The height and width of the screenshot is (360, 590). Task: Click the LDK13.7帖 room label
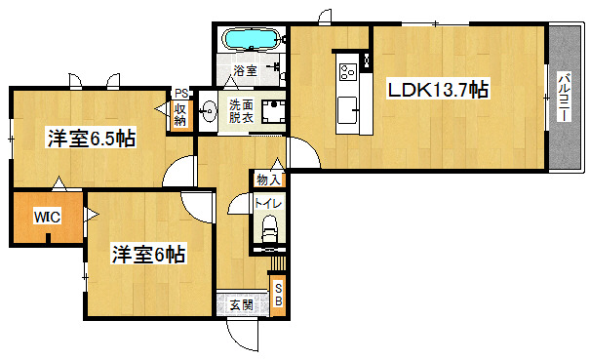(439, 89)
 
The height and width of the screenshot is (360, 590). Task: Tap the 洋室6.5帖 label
(91, 139)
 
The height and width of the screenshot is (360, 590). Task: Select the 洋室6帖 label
(148, 255)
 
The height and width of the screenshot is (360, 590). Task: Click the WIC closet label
(47, 217)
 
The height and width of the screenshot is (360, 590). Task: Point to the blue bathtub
(252, 39)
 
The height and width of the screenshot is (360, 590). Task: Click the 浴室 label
(246, 70)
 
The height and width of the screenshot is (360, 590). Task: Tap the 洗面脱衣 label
(241, 111)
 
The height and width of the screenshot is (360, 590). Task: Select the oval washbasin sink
(208, 111)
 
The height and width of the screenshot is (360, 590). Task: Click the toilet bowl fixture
(269, 228)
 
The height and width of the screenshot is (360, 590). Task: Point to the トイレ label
(268, 204)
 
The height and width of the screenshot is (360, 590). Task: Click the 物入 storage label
(268, 180)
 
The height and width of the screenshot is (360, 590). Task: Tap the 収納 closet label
(180, 115)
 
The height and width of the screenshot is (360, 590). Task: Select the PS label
(181, 93)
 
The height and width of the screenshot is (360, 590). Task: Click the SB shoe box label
(279, 295)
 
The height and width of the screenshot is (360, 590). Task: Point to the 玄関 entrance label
(241, 305)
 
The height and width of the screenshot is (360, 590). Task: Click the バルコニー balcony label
(565, 97)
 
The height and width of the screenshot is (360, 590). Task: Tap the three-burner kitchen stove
(348, 72)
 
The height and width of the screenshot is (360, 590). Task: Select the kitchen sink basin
(347, 110)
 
